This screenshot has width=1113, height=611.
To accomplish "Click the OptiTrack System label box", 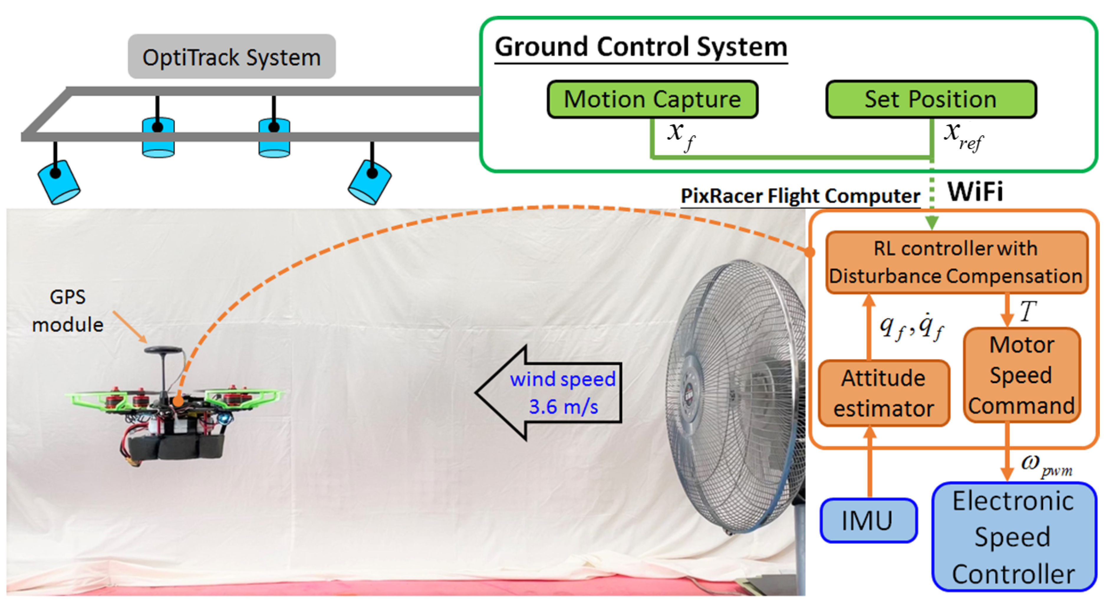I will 232,57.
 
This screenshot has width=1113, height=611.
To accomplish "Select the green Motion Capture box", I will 652,99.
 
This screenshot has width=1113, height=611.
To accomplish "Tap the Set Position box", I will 930,99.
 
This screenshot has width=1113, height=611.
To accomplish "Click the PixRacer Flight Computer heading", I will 800,196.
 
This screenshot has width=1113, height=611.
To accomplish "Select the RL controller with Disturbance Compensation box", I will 956,262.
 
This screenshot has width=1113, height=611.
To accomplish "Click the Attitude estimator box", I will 884,393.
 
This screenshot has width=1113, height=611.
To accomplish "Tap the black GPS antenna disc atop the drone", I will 163,349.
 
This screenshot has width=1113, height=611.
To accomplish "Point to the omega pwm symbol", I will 1046,465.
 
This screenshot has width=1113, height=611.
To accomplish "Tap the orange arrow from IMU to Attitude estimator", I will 869,462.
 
